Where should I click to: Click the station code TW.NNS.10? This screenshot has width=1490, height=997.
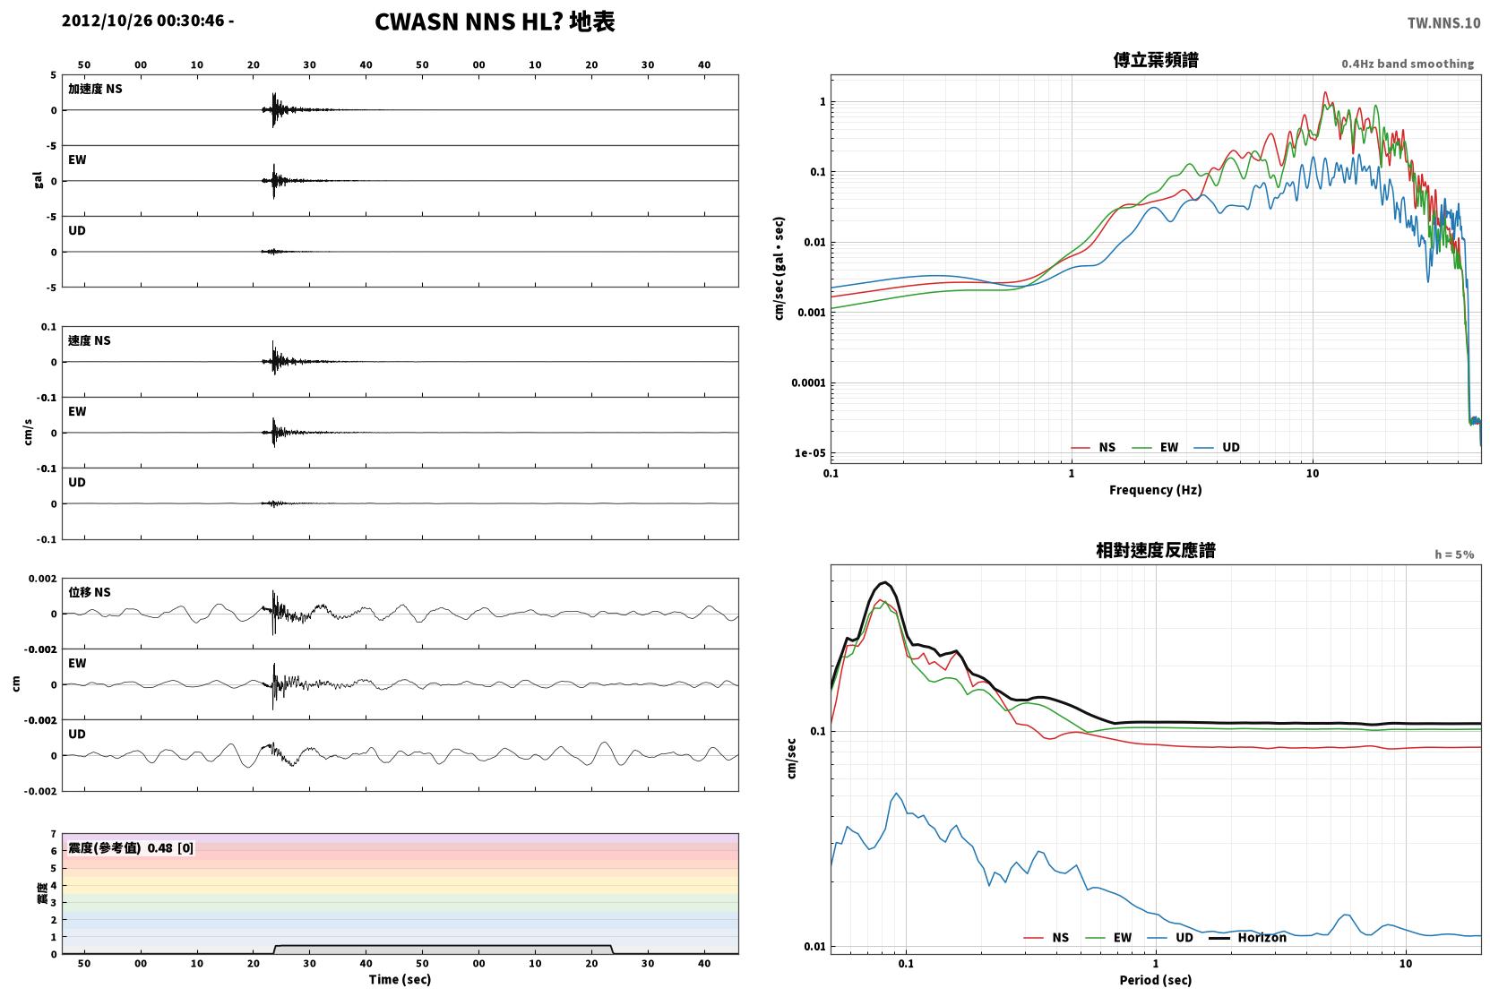coord(1443,23)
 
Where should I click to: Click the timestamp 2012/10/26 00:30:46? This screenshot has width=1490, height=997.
coord(143,21)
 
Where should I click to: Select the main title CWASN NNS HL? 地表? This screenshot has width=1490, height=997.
coord(495,21)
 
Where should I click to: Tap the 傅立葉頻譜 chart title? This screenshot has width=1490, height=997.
coord(1156,60)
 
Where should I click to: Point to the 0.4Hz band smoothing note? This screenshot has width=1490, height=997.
coord(1408,64)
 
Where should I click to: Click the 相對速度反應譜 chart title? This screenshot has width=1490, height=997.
coord(1156,550)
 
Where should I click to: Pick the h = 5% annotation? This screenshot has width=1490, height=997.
coord(1454,554)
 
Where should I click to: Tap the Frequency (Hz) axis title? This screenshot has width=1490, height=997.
coord(1156,490)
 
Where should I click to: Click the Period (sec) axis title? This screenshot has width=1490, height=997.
coord(1156,980)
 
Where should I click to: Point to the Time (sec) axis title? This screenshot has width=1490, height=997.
coord(400,979)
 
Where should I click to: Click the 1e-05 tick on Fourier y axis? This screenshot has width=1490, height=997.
coord(810,453)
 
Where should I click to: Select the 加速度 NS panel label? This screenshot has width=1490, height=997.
coord(95,89)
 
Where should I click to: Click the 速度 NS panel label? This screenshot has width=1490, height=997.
coord(89,340)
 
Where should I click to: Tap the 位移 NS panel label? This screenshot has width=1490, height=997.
coord(89,592)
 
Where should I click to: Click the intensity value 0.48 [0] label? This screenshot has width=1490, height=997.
coord(170,848)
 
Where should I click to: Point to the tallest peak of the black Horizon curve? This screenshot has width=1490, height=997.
coord(884,582)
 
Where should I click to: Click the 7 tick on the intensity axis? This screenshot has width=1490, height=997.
coord(54,834)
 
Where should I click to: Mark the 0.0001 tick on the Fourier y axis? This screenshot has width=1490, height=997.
coord(808,383)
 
